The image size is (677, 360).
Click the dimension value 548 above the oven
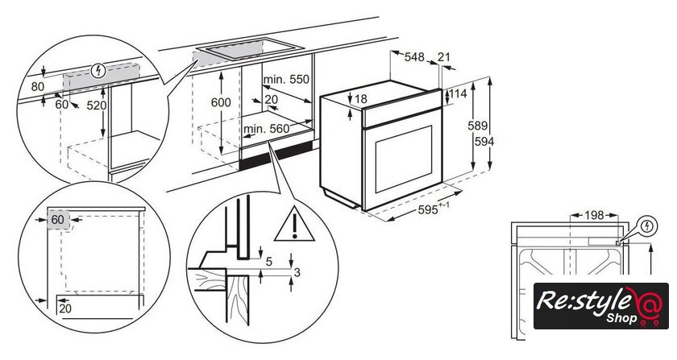414,57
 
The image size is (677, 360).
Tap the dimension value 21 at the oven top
444,56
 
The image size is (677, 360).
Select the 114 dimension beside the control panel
458,93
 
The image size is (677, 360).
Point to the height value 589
477,126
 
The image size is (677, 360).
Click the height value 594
484,141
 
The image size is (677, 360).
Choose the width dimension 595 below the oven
427,209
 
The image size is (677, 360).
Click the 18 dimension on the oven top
360,99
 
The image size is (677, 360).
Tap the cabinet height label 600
221,102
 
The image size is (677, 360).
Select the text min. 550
286,80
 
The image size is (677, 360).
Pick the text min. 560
267,129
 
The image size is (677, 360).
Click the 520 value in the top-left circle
96,106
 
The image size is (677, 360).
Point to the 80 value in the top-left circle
38,87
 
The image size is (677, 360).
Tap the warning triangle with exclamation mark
294,225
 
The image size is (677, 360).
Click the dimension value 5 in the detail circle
269,262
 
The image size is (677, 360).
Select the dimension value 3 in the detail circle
297,272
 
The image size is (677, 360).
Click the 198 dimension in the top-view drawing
594,215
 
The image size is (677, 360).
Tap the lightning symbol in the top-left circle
99,70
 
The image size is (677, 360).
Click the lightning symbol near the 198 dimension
647,226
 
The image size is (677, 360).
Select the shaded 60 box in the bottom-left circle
58,220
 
